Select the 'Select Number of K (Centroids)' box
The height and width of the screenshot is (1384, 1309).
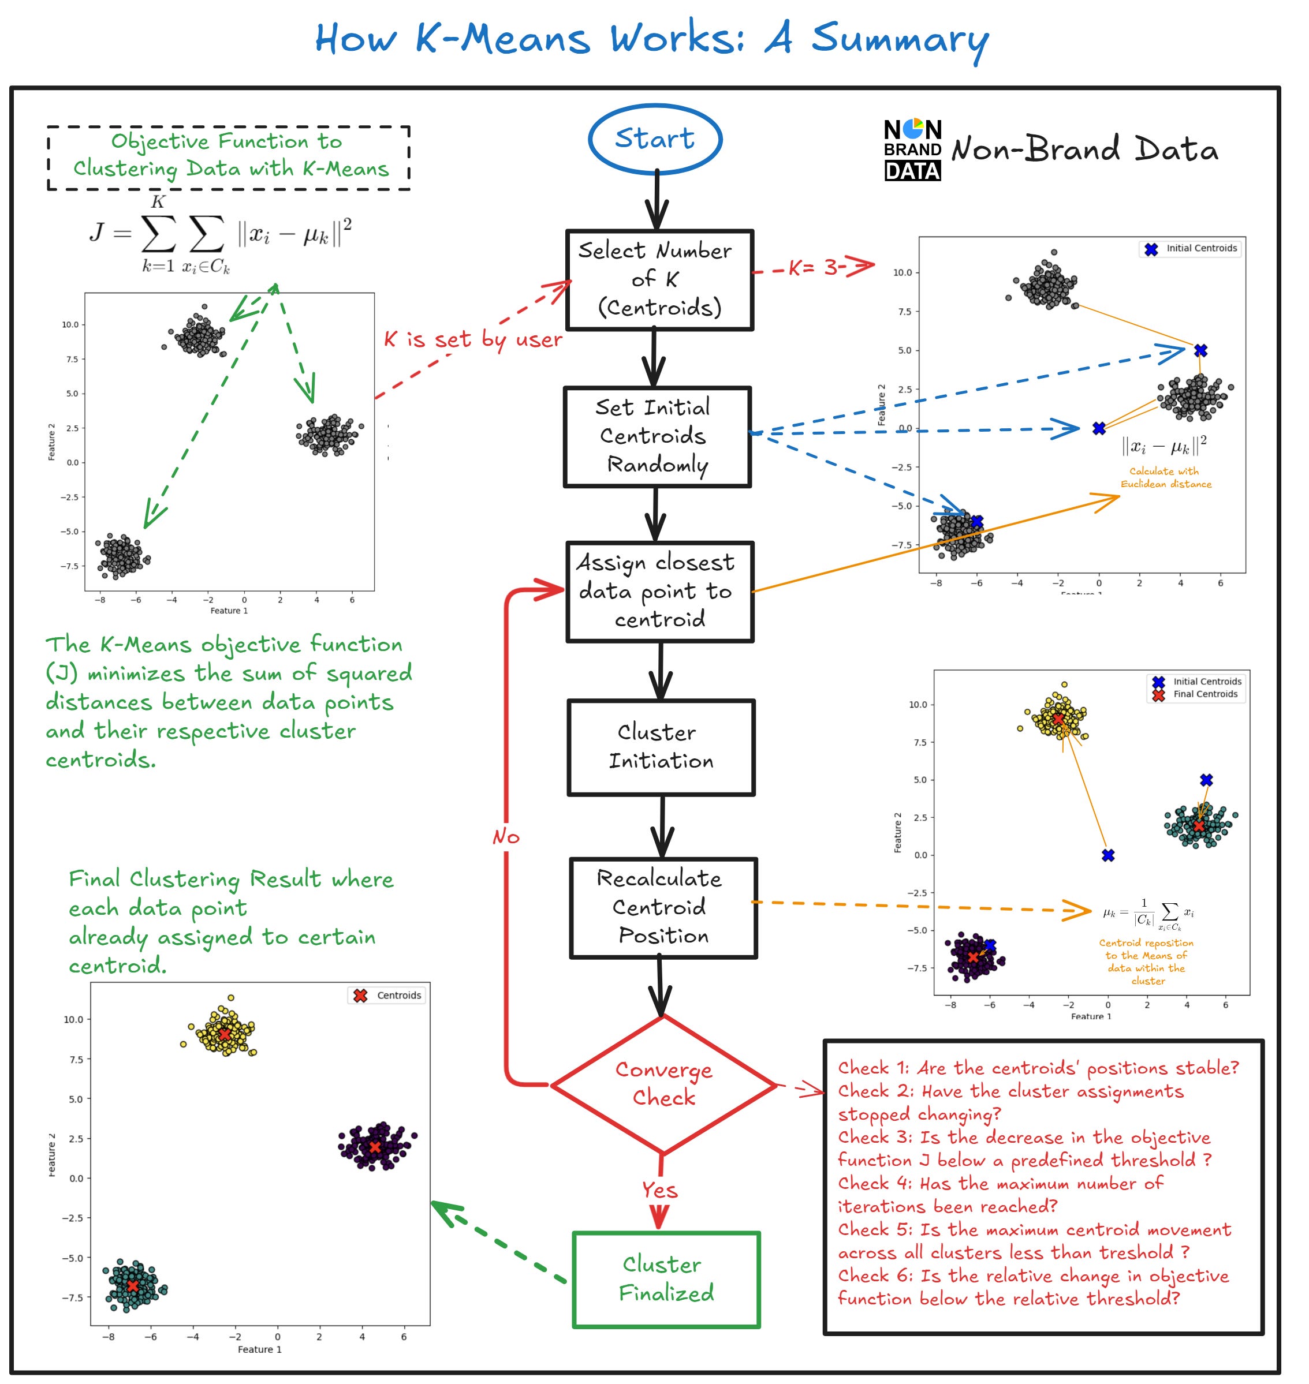[x=659, y=280]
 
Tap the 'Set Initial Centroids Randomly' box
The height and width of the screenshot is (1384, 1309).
[x=657, y=437]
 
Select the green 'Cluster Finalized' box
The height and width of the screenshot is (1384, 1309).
[x=666, y=1280]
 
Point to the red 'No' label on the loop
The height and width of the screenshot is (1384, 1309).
[x=506, y=836]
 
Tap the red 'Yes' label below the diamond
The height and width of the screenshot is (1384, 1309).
[x=659, y=1190]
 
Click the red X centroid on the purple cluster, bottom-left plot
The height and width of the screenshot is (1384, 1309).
[x=375, y=1147]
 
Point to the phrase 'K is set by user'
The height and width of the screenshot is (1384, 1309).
[x=472, y=340]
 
